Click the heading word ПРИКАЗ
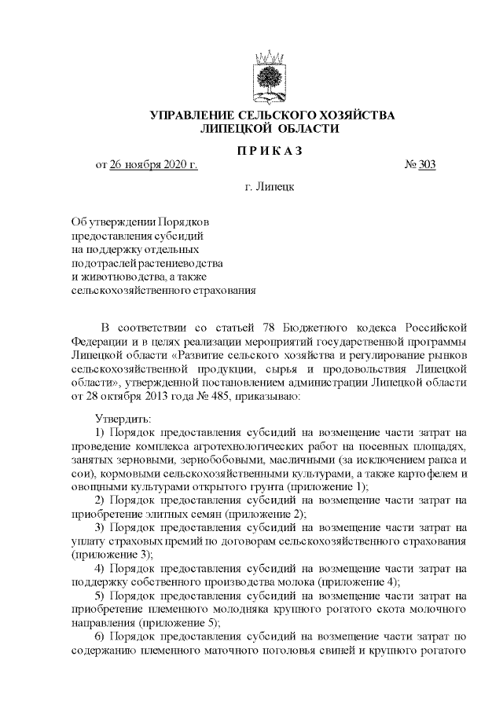pyautogui.click(x=272, y=149)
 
